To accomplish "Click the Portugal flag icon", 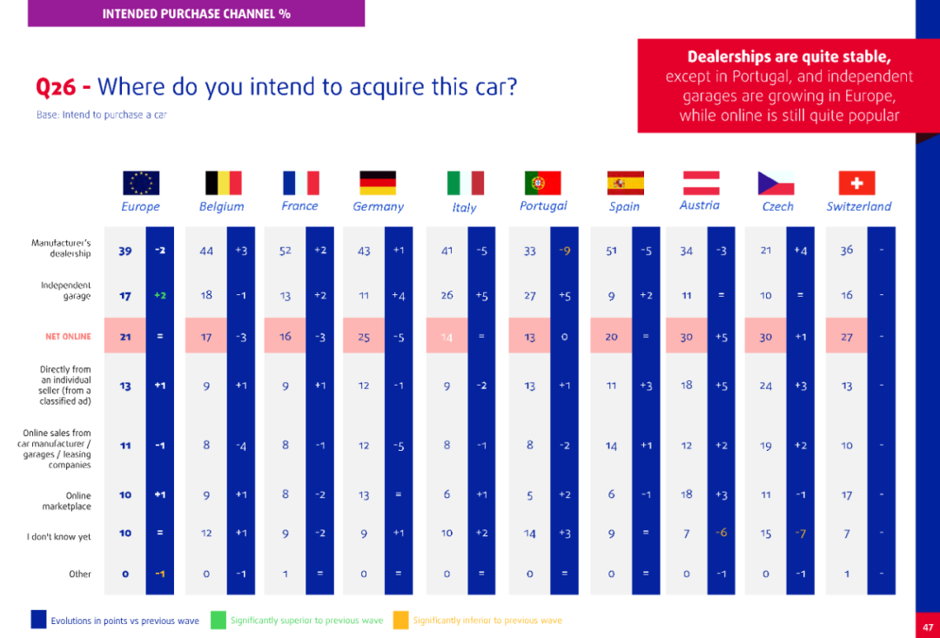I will pos(542,183).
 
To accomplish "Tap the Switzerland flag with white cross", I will pos(856,183).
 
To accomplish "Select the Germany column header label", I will pos(378,207).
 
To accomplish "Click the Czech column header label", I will pos(777,207).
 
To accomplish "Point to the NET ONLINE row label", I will pos(68,337).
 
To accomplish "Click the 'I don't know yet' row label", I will pos(58,537).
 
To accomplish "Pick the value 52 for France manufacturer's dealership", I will pos(285,251).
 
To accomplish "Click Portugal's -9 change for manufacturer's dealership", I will pos(565,251).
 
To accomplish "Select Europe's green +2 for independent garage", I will pos(160,295).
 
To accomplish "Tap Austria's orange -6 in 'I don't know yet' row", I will pos(722,533).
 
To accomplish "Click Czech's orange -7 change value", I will pos(800,534).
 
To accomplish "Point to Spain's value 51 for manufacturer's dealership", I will pos(611,251).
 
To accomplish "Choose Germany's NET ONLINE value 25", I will pos(364,337).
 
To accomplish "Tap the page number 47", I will pos(927,627).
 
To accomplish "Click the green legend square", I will pos(218,619).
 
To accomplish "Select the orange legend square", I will pos(400,619).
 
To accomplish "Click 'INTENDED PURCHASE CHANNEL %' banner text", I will pos(196,14).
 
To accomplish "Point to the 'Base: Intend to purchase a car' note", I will pos(101,115).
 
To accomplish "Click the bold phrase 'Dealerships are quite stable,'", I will pos(789,57).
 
